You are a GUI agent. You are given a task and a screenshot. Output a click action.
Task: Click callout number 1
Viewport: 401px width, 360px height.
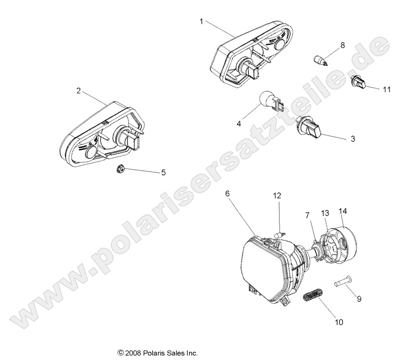pyautogui.click(x=201, y=21)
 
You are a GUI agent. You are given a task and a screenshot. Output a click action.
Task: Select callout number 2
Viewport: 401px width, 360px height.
pyautogui.click(x=79, y=91)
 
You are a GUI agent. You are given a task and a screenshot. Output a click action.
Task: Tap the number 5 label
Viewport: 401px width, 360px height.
pyautogui.click(x=163, y=173)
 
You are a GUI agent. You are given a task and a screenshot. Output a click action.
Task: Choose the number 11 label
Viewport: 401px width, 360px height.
pyautogui.click(x=386, y=90)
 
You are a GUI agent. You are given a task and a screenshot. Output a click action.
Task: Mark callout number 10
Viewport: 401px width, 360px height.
pyautogui.click(x=338, y=323)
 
